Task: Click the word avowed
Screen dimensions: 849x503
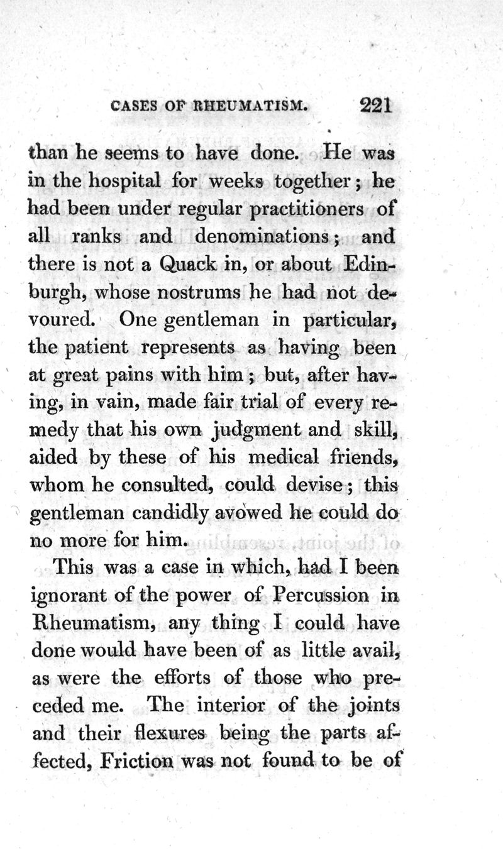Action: point(250,513)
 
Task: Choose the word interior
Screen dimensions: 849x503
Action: point(228,706)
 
